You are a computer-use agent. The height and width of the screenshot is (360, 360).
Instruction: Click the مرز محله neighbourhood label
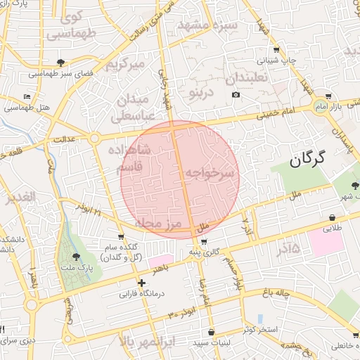pyautogui.click(x=157, y=224)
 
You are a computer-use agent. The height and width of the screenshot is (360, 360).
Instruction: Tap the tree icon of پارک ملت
pyautogui.click(x=75, y=257)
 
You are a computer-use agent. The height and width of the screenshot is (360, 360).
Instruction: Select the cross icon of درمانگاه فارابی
pyautogui.click(x=142, y=283)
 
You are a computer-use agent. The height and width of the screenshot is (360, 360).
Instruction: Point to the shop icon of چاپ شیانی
pyautogui.click(x=276, y=49)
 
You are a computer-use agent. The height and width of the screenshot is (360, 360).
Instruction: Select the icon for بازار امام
pyautogui.click(x=328, y=97)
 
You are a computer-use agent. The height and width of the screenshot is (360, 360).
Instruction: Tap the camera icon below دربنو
pyautogui.click(x=236, y=94)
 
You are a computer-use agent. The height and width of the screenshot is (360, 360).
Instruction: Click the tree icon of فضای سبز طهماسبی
pyautogui.click(x=61, y=62)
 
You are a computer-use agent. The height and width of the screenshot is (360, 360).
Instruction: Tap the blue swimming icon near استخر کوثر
pyautogui.click(x=259, y=318)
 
